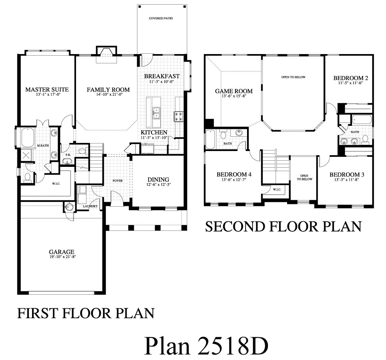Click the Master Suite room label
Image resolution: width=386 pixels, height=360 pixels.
[47, 90]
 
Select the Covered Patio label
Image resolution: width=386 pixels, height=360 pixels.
[161, 18]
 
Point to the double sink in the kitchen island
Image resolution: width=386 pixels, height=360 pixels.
[156, 113]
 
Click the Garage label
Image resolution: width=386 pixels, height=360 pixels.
[61, 252]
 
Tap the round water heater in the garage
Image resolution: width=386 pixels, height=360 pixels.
[69, 207]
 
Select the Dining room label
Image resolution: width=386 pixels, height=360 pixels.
[158, 180]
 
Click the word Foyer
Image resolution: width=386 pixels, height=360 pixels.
[118, 181]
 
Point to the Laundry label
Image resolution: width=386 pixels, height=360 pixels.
[90, 206]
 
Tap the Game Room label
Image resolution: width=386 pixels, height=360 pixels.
[234, 91]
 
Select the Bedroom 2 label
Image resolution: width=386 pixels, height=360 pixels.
[351, 78]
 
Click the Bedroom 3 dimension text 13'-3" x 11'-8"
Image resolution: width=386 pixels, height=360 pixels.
[347, 180]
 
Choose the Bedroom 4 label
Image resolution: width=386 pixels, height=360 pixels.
[234, 175]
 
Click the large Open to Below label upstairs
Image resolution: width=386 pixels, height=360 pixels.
[293, 77]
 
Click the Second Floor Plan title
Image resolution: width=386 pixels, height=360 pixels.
[283, 227]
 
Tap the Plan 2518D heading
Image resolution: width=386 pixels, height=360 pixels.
[206, 346]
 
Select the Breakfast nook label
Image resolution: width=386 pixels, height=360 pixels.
[162, 76]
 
